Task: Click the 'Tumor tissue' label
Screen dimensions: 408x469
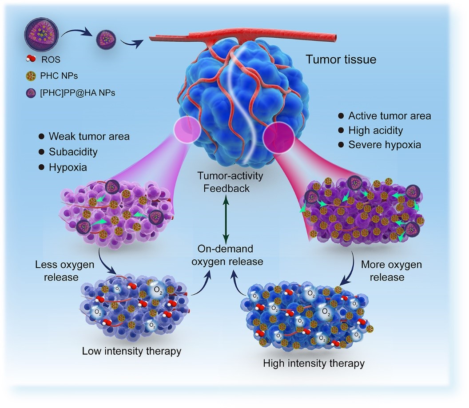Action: (x=341, y=59)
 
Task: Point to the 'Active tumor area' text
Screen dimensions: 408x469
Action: (x=390, y=116)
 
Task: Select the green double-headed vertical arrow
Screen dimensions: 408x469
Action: (x=226, y=220)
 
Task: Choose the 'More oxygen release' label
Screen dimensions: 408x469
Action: (x=385, y=271)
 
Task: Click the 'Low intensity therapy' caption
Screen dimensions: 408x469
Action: (x=131, y=351)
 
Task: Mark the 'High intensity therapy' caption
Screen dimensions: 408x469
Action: (x=314, y=363)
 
